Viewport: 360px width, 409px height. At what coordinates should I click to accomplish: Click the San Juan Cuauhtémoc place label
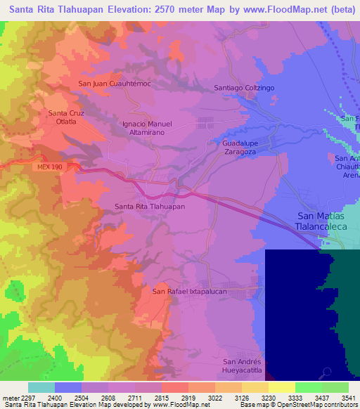tap(115, 84)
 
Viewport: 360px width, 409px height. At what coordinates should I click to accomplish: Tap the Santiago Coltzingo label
tap(242, 88)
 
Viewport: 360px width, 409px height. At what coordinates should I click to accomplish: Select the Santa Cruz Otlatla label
tap(67, 117)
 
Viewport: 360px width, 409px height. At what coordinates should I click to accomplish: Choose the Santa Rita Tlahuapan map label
tap(150, 207)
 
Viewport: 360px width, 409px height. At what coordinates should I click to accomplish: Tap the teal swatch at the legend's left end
tap(41, 387)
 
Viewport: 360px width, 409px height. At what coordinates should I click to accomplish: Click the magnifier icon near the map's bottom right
tap(326, 373)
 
